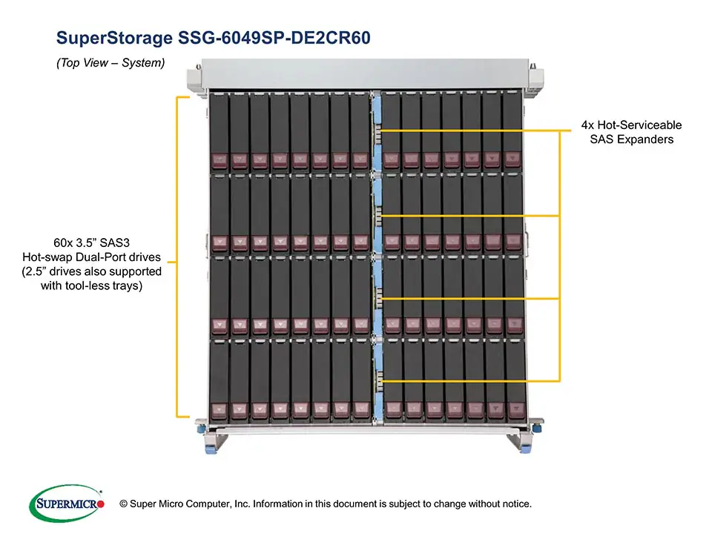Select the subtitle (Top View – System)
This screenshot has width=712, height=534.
(x=110, y=63)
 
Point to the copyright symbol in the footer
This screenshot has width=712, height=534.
(x=123, y=504)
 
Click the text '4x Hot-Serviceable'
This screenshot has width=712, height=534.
(x=631, y=125)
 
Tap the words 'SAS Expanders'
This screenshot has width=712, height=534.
(x=631, y=139)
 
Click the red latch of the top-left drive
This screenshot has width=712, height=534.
(x=220, y=159)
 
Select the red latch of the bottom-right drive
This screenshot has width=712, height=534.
(x=513, y=409)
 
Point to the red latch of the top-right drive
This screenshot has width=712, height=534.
(x=512, y=159)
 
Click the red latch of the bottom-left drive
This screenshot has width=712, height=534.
(x=220, y=409)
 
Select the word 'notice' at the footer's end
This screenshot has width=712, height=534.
(x=515, y=504)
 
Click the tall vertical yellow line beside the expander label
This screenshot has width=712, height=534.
(x=559, y=255)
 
